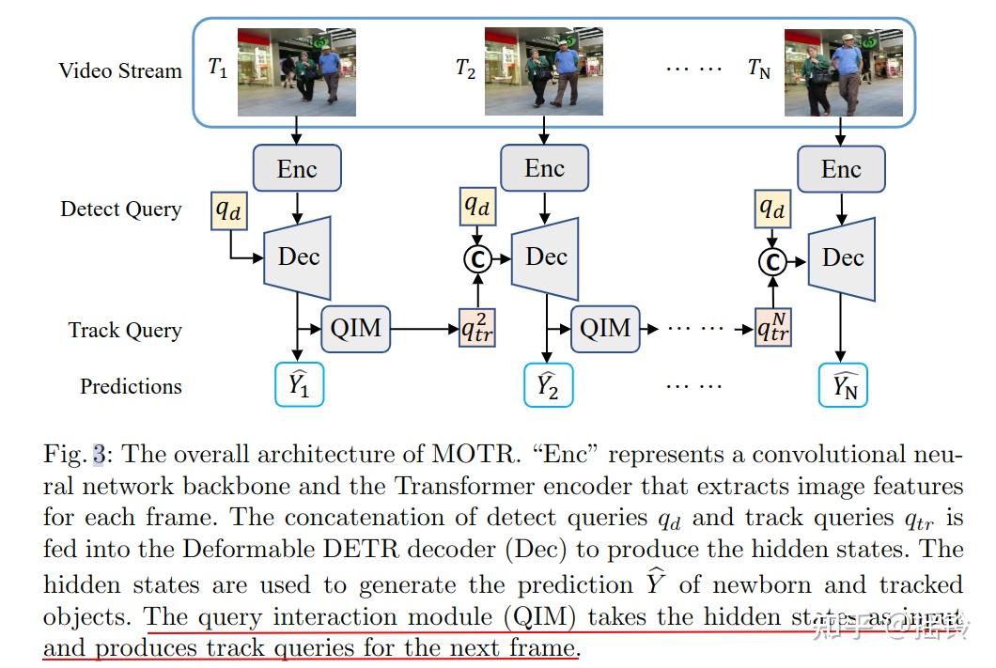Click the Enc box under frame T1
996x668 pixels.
click(297, 169)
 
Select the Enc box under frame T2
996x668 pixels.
click(544, 168)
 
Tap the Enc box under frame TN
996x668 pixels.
click(841, 169)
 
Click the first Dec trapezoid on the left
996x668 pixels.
click(296, 256)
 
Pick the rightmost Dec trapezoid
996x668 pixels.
click(841, 256)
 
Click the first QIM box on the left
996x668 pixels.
click(355, 329)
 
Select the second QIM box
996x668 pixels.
click(604, 329)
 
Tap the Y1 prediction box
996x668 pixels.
click(298, 385)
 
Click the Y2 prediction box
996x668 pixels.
click(547, 385)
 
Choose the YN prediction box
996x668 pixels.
click(844, 385)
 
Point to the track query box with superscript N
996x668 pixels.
click(774, 329)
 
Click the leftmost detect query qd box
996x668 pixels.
click(228, 210)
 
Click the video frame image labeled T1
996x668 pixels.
click(296, 72)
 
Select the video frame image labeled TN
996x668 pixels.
click(843, 72)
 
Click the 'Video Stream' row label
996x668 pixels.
click(120, 70)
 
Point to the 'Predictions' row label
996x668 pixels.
click(131, 386)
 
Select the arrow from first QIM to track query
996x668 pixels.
click(423, 329)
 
